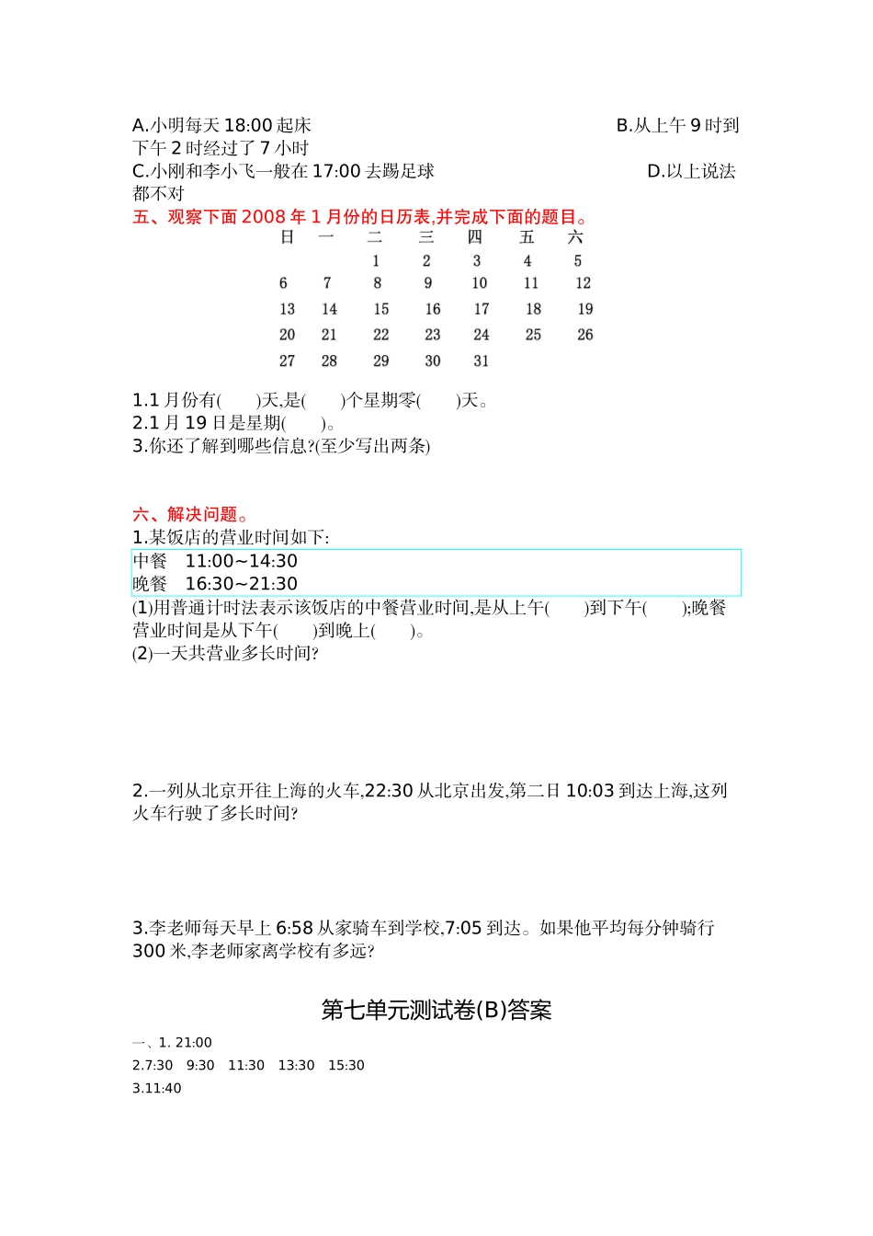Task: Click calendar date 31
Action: [482, 361]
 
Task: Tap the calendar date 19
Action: [585, 309]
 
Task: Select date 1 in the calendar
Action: [376, 261]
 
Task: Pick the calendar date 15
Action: [381, 309]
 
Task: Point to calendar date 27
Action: [288, 361]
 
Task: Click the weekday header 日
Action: [288, 237]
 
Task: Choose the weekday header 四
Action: [475, 237]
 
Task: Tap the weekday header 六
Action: [575, 237]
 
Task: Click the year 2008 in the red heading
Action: [264, 217]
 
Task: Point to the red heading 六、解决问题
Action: [189, 514]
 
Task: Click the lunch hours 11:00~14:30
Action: [242, 561]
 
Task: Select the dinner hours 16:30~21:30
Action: [242, 584]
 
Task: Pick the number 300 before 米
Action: [149, 951]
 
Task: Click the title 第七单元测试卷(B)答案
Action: [436, 1010]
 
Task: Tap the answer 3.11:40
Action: [157, 1089]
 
